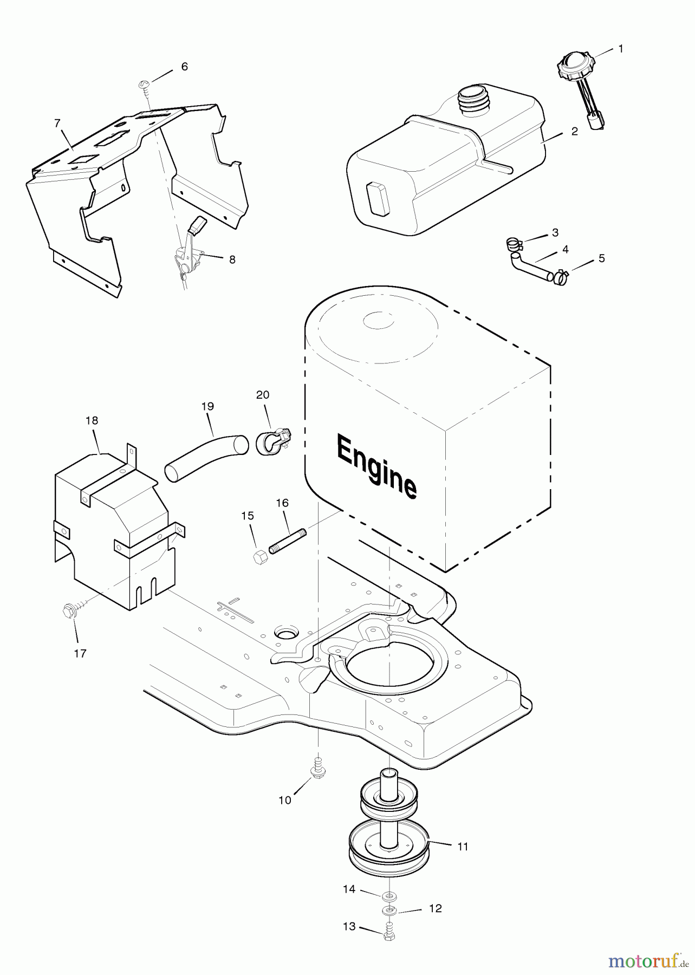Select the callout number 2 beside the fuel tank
coord(574,131)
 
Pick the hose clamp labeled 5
coord(560,278)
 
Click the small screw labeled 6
coord(145,84)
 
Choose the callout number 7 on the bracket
coord(57,124)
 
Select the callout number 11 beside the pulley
coord(463,846)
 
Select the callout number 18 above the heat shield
coord(92,420)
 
